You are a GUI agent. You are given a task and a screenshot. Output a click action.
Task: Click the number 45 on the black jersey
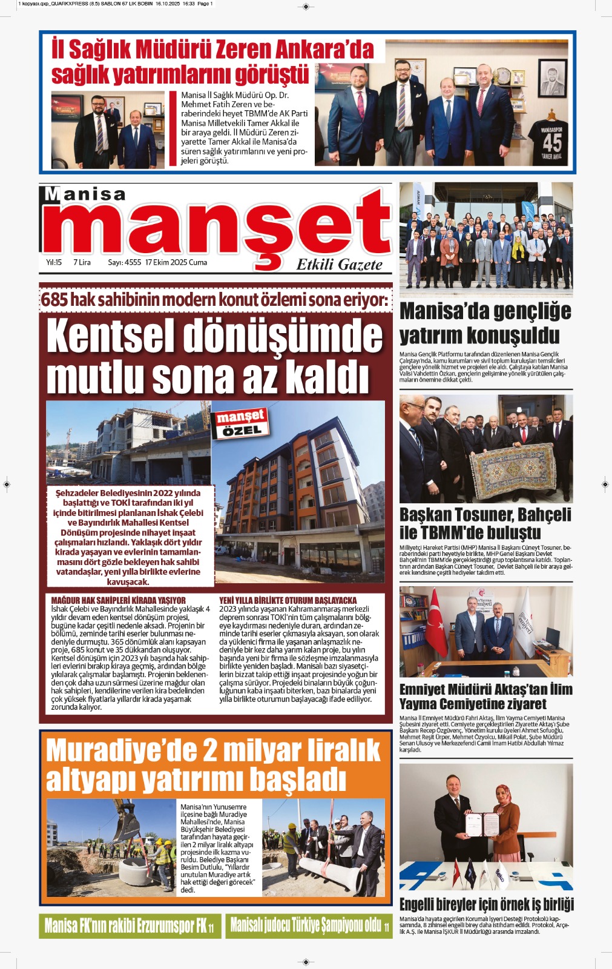point(551,142)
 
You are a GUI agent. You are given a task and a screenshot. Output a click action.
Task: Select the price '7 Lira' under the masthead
point(82,262)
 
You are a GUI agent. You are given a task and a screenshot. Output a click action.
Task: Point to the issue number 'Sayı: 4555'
point(124,262)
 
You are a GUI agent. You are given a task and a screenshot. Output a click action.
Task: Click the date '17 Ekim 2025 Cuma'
point(176,262)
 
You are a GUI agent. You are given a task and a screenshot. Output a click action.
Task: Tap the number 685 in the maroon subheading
point(54,299)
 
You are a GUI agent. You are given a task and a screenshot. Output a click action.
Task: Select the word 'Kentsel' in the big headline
point(111,336)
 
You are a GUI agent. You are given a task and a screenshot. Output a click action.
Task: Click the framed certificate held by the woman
point(481,823)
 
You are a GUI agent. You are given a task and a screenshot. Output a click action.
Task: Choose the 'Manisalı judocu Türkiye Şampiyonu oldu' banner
point(309,925)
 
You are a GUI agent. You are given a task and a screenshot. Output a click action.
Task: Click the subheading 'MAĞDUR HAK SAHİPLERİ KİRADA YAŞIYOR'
point(118,600)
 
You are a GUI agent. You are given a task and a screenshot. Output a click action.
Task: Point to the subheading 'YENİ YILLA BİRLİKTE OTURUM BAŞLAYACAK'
point(288,600)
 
